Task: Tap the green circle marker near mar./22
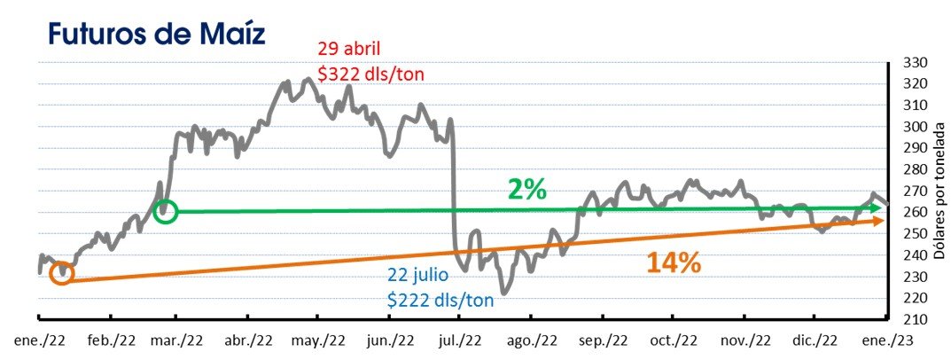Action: [166, 211]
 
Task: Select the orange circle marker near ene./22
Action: [60, 273]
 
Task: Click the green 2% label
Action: [526, 189]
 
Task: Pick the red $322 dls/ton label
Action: [371, 74]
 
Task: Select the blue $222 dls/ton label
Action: [440, 300]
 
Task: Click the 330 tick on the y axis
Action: [912, 62]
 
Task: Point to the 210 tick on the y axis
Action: [912, 319]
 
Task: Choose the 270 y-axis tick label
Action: [912, 191]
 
